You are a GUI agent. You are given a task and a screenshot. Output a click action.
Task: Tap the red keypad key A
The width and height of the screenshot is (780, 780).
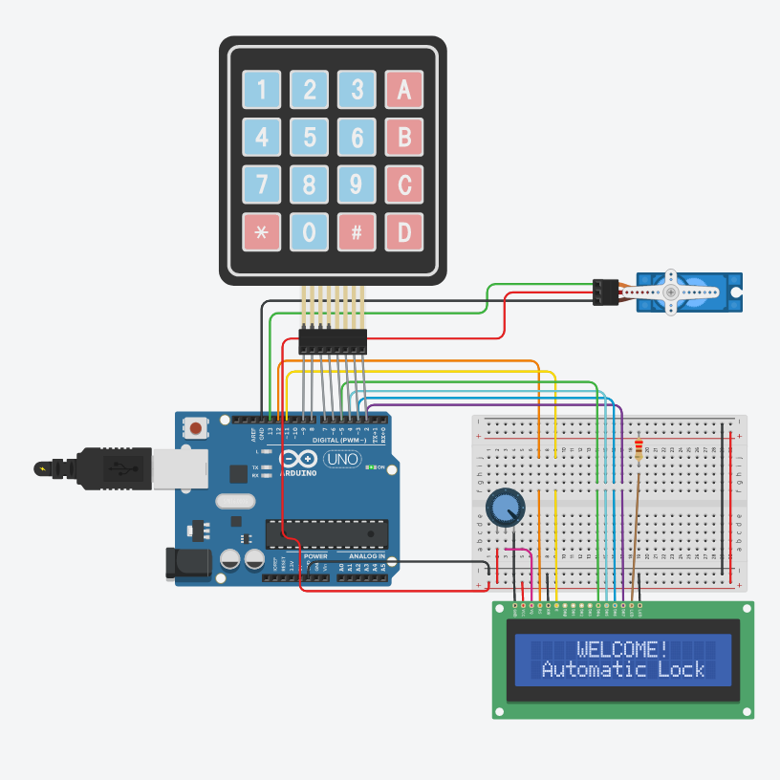pyautogui.click(x=403, y=90)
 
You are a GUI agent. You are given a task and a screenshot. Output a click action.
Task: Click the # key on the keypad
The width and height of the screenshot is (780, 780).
pyautogui.click(x=357, y=231)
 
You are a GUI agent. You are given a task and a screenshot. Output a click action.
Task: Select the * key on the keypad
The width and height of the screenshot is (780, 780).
pyautogui.click(x=262, y=231)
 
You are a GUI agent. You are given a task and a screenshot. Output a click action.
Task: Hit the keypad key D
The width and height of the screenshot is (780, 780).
pyautogui.click(x=403, y=231)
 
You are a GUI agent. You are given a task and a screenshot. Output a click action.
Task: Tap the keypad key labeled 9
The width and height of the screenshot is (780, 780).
pyautogui.click(x=357, y=184)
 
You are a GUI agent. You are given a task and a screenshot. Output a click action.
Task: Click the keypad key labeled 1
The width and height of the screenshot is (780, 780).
pyautogui.click(x=262, y=90)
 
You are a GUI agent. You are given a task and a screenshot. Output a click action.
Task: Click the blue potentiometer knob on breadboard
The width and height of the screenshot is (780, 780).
pyautogui.click(x=505, y=508)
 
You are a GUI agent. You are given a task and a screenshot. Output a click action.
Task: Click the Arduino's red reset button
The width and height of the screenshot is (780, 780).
pyautogui.click(x=196, y=427)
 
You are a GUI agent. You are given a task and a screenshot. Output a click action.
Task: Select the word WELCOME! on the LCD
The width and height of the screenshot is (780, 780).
pyautogui.click(x=622, y=649)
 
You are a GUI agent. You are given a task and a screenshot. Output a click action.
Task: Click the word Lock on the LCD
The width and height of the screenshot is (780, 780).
pyautogui.click(x=681, y=669)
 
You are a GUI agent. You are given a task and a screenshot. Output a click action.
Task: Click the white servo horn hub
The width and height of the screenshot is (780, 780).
pyautogui.click(x=671, y=291)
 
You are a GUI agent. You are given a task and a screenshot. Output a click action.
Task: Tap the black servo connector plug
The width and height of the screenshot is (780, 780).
pyautogui.click(x=605, y=292)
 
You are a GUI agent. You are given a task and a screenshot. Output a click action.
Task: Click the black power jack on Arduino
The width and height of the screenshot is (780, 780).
pyautogui.click(x=185, y=564)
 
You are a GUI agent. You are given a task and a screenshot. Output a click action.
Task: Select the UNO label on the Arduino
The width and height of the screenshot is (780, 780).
pyautogui.click(x=341, y=460)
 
